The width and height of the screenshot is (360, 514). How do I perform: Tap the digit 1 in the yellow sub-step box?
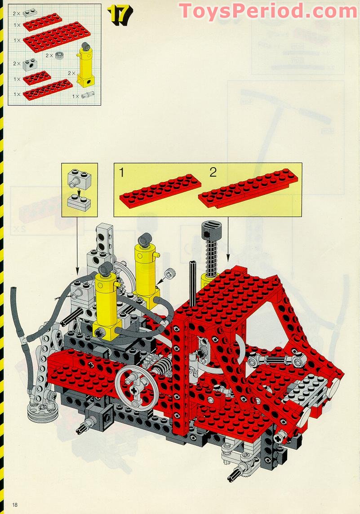pyautogui.click(x=121, y=172)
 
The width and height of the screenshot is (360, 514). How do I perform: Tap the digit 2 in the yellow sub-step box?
pyautogui.click(x=213, y=172)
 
